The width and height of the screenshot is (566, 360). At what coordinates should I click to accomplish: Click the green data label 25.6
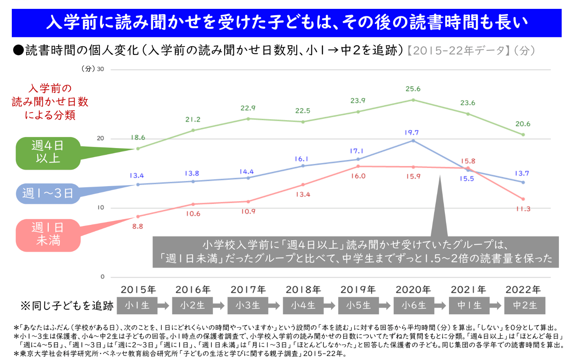413,89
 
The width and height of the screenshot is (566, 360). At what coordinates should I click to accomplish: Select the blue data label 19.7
411,133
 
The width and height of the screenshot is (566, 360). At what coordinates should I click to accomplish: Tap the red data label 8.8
137,226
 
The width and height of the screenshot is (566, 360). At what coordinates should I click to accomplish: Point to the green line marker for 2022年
523,135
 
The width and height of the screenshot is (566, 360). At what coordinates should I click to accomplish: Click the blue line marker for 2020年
413,141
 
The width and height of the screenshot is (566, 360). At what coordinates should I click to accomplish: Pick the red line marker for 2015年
138,216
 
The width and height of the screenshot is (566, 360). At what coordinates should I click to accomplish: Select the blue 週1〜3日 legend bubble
48,193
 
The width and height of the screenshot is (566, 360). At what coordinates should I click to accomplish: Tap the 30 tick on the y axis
100,69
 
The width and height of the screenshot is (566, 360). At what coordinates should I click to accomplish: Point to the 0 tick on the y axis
102,277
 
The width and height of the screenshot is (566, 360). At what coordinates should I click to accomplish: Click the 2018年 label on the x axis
303,290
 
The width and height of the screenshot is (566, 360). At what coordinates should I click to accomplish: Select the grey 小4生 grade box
303,306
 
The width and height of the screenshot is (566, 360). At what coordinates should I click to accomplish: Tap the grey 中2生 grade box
525,306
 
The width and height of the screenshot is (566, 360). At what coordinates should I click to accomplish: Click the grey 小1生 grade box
137,306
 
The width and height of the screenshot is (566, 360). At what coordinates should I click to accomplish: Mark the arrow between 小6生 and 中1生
440,306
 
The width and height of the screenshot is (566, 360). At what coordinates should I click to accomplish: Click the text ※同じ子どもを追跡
67,306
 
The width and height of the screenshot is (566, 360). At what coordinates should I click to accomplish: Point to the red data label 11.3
523,209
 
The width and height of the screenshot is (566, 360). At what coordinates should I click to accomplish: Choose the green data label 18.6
138,138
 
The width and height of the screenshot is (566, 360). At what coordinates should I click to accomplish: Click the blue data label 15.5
467,179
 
